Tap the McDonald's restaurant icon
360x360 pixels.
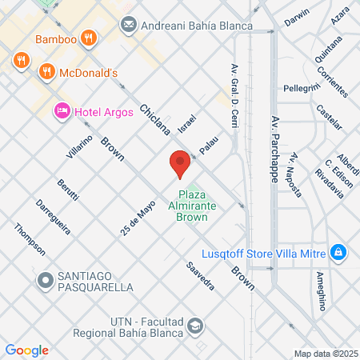[47, 72]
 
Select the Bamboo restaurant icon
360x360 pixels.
[90, 38]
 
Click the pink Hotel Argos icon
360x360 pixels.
[62, 111]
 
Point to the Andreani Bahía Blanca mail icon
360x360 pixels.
[128, 26]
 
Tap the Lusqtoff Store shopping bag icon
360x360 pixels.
[339, 253]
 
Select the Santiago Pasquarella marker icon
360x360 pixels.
[46, 280]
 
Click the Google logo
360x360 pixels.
[26, 350]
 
